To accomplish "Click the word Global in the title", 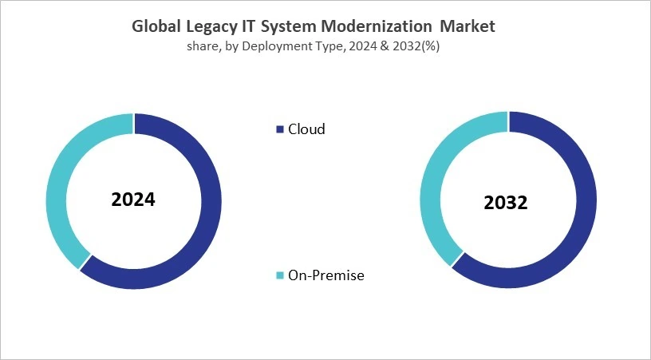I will pyautogui.click(x=158, y=26).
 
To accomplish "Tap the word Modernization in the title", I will pyautogui.click(x=385, y=26).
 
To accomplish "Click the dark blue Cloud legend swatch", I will pyautogui.click(x=279, y=129).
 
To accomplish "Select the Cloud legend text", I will pyautogui.click(x=306, y=129).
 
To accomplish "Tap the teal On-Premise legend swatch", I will pyautogui.click(x=279, y=275).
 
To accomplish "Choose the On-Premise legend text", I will pyautogui.click(x=326, y=275).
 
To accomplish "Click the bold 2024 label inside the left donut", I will pyautogui.click(x=133, y=200).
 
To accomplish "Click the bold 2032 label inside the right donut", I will pyautogui.click(x=506, y=203).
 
